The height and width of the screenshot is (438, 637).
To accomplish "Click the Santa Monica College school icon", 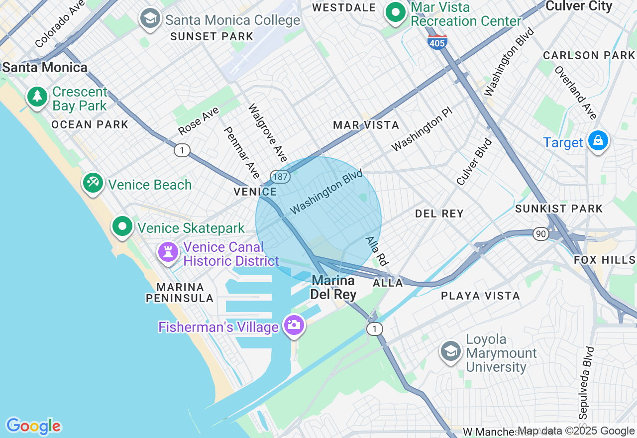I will point(150,19).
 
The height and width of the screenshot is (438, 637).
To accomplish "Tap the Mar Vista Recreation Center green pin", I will point(396,13).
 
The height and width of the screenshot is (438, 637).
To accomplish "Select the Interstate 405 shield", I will point(437,43).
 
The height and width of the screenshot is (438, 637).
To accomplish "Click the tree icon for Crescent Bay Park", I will point(37,97).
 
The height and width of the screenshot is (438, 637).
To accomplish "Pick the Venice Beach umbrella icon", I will point(93,183).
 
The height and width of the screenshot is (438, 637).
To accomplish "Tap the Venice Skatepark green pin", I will point(122,226).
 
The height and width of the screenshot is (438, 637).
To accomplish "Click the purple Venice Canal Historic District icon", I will point(168,252).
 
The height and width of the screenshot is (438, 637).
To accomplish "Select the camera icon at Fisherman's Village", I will point(294,326).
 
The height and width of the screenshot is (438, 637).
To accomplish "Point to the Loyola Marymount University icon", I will point(450,351).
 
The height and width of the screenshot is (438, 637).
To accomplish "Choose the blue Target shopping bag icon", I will point(598,141).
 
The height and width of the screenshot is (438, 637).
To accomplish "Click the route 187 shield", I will point(280,176).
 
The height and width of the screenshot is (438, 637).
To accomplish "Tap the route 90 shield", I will point(540,233).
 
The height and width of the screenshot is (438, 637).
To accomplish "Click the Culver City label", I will point(579,6).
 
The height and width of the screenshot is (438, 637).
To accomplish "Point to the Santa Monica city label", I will point(45,67).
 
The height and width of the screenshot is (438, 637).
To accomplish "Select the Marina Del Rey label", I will point(333,288).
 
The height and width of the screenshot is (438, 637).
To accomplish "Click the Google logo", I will point(33,426).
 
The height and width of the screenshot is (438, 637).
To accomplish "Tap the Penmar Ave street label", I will point(242,153).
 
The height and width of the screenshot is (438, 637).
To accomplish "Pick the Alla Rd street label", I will point(377,250).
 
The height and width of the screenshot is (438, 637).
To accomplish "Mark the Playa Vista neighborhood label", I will point(480,296).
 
